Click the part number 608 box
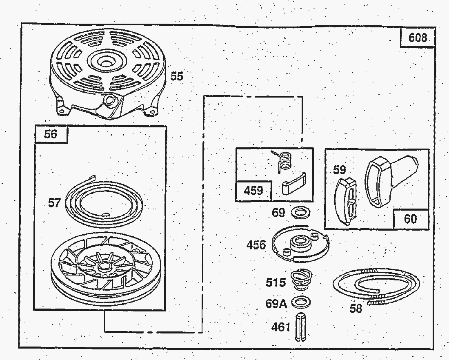(x=418, y=38)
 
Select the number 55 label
(x=177, y=76)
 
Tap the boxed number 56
(x=51, y=134)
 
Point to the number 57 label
(x=54, y=202)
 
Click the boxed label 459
(x=253, y=191)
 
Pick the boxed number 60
(x=411, y=219)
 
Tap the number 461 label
(x=281, y=327)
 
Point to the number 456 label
(x=256, y=245)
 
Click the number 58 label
(x=356, y=308)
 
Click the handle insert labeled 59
(x=346, y=200)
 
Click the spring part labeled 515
(x=301, y=280)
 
